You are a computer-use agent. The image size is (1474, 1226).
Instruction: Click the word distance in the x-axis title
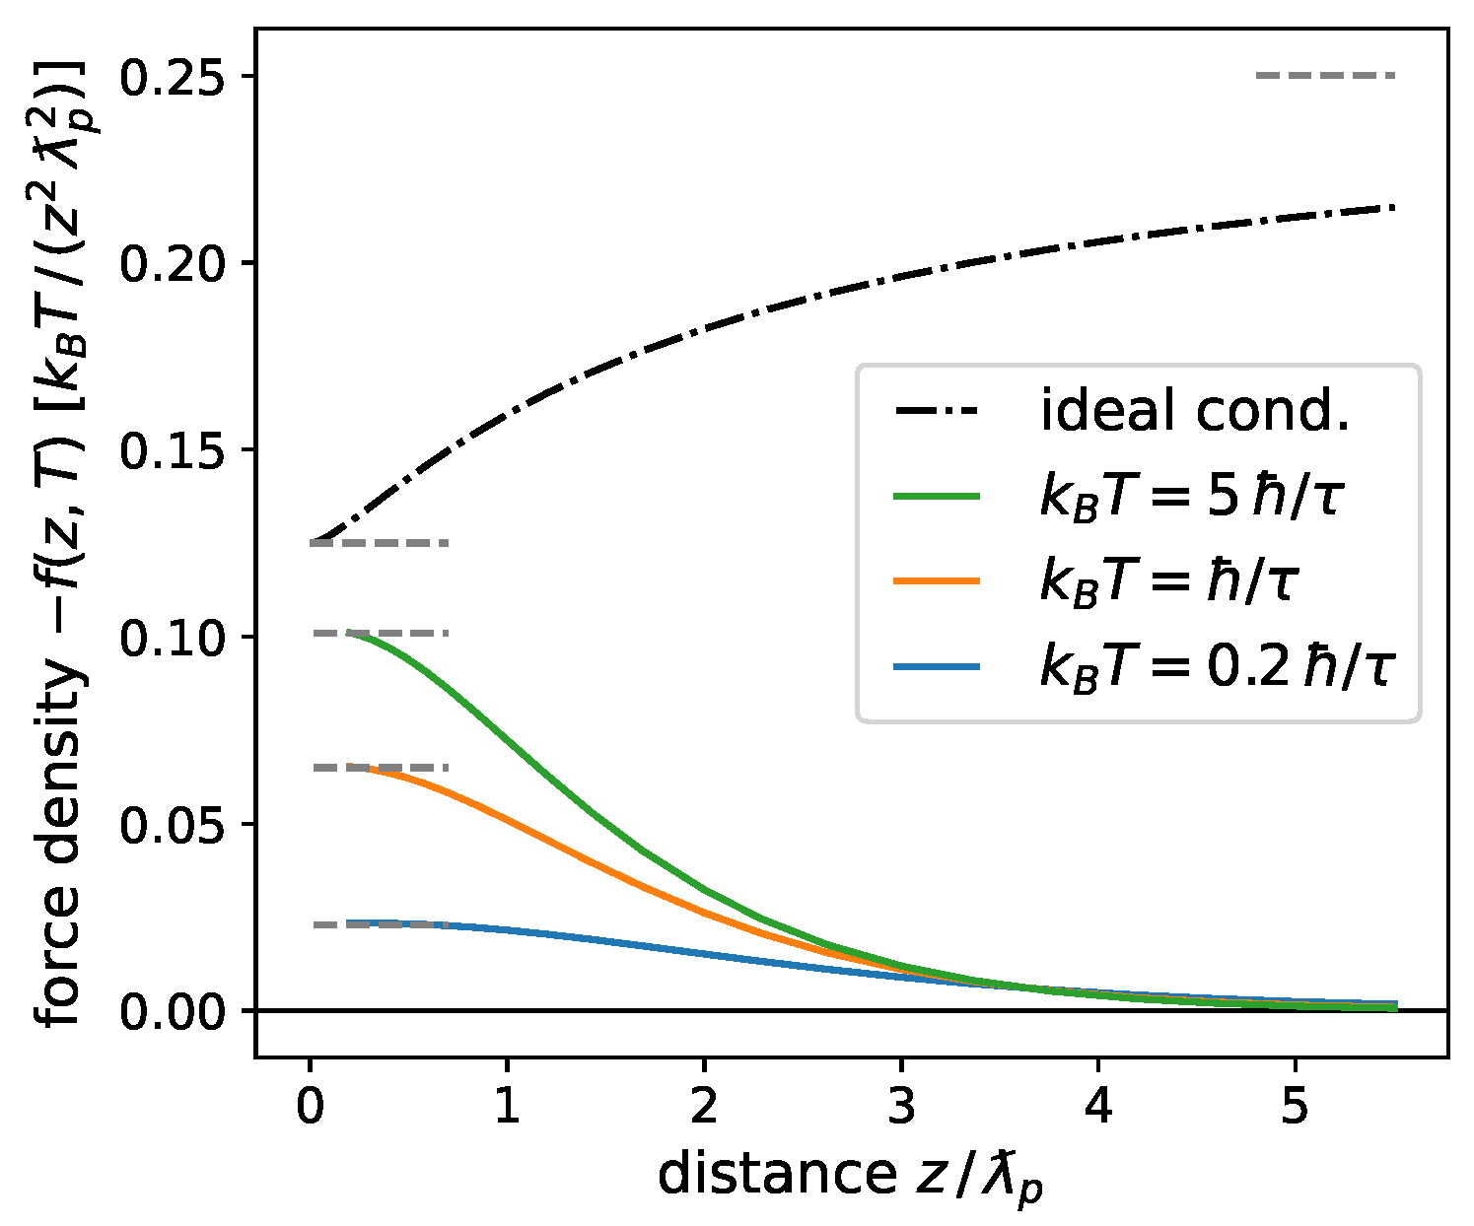(775, 1174)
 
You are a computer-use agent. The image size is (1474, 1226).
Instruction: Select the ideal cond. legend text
(1194, 412)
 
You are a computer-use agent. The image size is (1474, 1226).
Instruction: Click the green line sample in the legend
(937, 497)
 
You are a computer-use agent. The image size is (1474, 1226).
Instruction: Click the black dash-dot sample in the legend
(937, 412)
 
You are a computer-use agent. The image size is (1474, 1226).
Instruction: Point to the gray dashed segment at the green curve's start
(394, 633)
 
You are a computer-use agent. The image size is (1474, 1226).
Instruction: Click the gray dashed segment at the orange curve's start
(394, 767)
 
